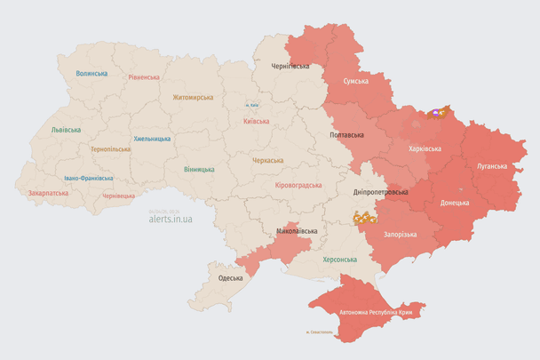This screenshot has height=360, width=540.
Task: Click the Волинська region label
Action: [x=91, y=74]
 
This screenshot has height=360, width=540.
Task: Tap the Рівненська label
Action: [x=144, y=77]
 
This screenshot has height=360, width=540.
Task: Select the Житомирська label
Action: [x=193, y=97]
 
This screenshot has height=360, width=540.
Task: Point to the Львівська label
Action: [x=66, y=130]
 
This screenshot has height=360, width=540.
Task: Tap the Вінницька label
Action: [x=199, y=169]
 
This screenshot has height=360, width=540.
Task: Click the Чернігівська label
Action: [x=290, y=66]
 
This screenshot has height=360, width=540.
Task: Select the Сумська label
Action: [x=356, y=81]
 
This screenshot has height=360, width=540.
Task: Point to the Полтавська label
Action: [x=346, y=135]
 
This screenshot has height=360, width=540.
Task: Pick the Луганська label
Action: [x=492, y=165]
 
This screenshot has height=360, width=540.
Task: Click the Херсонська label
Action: [x=339, y=259]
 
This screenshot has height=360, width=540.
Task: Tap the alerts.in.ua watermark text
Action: [x=172, y=217]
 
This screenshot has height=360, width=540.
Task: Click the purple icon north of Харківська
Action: [x=435, y=113]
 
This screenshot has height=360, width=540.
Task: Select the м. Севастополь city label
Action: [x=318, y=333]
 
